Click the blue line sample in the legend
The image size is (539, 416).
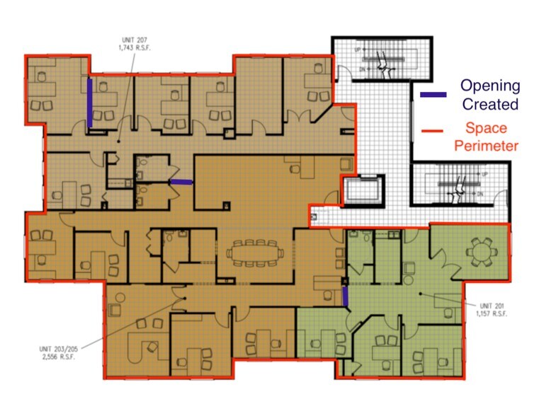point(433,95)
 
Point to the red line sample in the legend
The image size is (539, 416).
point(433,130)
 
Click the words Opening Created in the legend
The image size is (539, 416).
point(489,95)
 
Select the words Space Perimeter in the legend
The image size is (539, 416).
point(492,137)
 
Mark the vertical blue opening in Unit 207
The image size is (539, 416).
point(90,103)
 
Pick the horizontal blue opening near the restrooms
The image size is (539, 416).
point(181,183)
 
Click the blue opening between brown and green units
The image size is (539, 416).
point(345,296)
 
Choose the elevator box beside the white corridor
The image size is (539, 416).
point(361,190)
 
